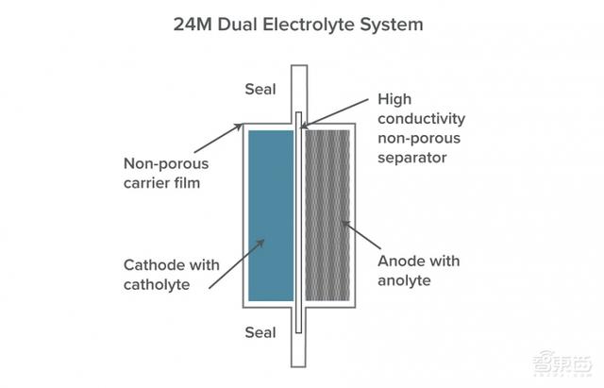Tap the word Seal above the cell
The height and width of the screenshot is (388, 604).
260,90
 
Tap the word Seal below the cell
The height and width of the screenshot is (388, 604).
260,331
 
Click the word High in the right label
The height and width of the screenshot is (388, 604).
394,98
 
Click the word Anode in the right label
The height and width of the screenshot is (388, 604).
397,260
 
